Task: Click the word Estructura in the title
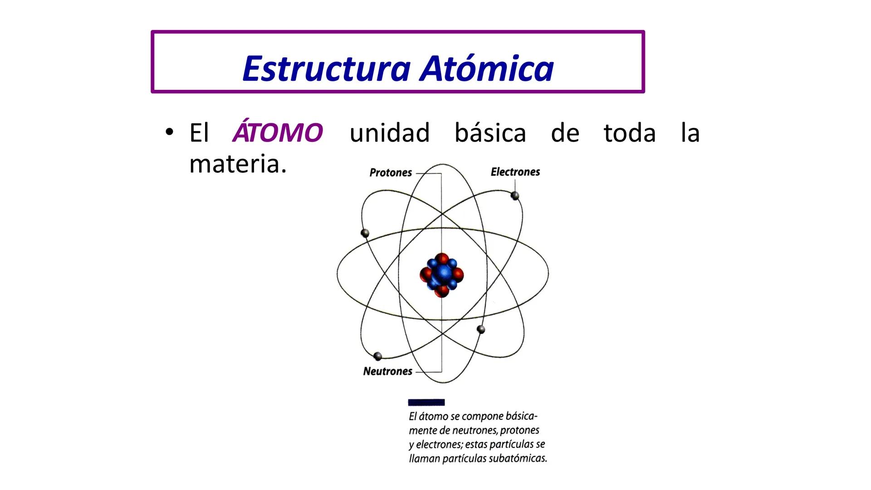[x=326, y=69]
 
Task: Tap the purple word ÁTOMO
[x=277, y=132]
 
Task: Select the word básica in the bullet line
[x=490, y=133]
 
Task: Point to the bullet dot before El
[x=169, y=132]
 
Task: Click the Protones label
[x=391, y=173]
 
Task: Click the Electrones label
[x=515, y=172]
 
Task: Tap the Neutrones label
[x=387, y=372]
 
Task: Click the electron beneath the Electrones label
[x=514, y=196]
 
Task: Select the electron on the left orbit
[x=365, y=233]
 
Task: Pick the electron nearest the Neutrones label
[x=377, y=356]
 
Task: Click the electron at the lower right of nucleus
[x=481, y=329]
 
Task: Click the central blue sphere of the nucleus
[x=442, y=274]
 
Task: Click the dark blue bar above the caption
[x=426, y=402]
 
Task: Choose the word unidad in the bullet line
[x=389, y=133]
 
